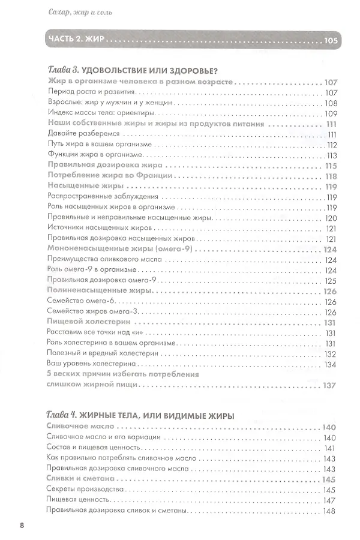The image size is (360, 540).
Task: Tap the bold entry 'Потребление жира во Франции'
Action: point(110,176)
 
